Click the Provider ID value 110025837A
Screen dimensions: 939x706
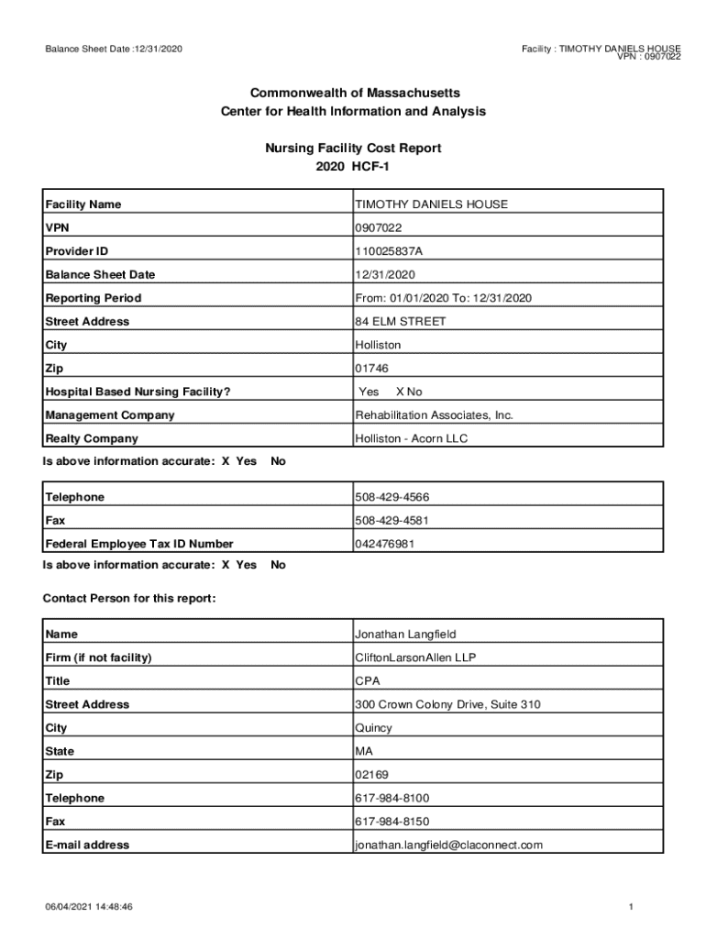390,251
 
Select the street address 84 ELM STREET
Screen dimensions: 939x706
401,322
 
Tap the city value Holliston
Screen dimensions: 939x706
378,346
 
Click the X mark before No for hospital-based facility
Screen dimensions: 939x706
400,392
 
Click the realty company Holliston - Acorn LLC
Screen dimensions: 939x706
412,439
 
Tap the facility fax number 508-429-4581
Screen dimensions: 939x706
392,521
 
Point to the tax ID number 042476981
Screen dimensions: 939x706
385,544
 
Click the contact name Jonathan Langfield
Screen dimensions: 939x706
405,635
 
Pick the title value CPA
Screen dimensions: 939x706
368,681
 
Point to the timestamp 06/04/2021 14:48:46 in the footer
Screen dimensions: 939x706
90,907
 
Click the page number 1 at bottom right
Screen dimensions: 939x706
632,907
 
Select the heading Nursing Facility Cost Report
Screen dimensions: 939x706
353,148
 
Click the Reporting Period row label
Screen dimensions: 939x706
94,298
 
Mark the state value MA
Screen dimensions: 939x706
364,752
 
